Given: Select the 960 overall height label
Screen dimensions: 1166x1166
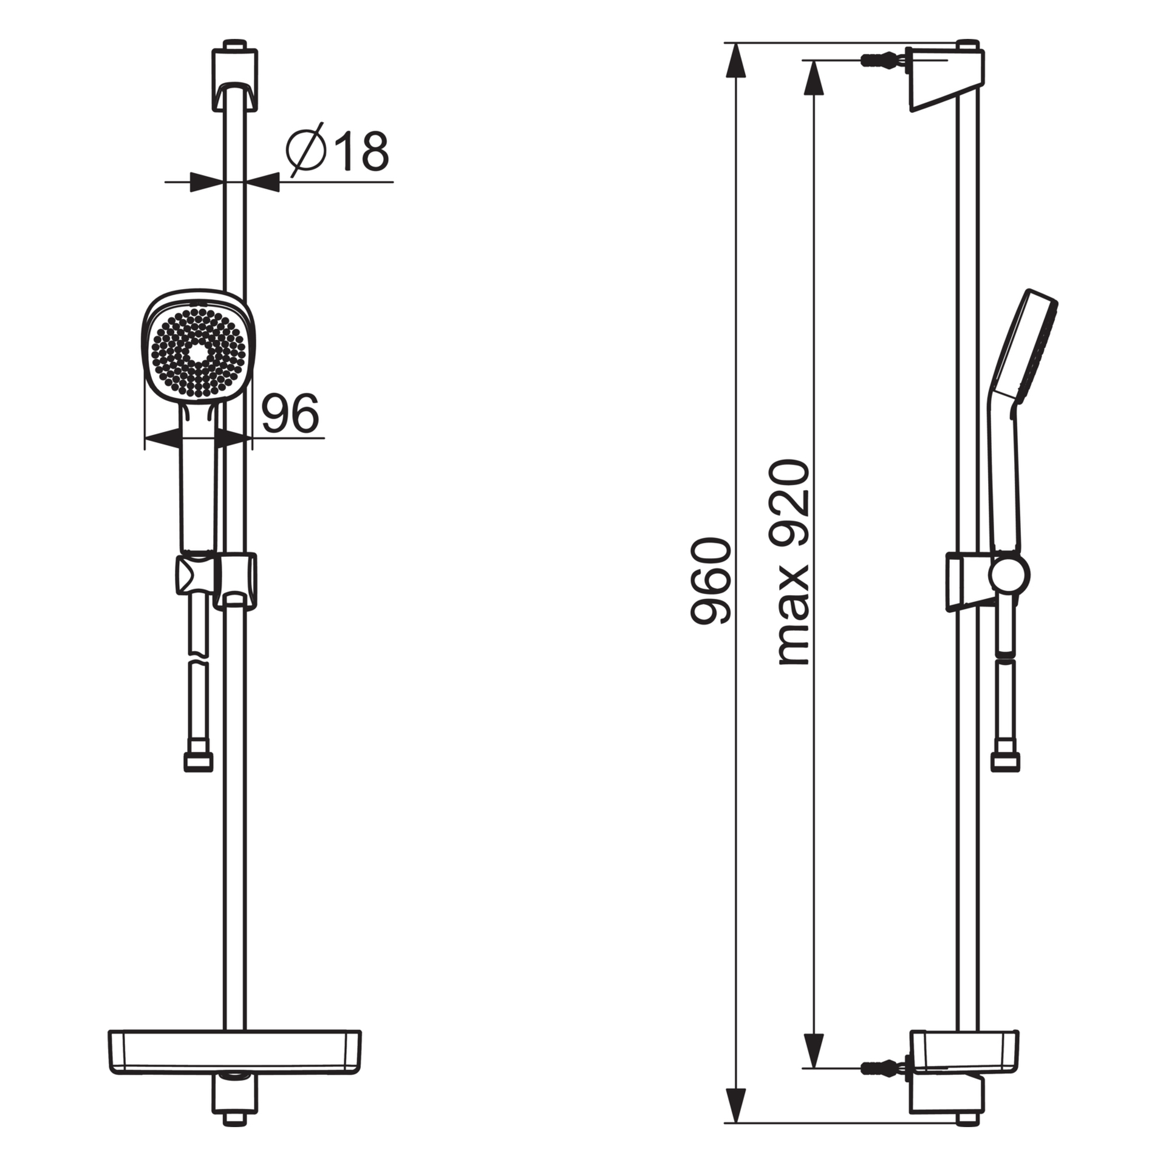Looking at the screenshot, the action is [x=711, y=581].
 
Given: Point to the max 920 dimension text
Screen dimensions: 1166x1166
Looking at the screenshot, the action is [x=794, y=562].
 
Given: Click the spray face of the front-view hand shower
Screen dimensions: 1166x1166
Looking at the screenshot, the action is [x=198, y=353].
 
